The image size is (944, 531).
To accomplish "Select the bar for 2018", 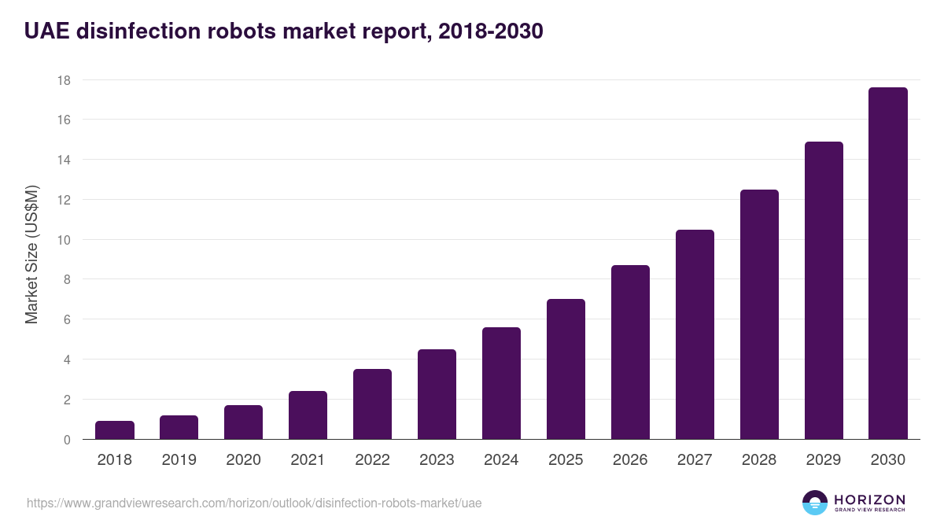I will click(x=115, y=430).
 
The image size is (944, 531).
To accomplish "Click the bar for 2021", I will click(x=308, y=415).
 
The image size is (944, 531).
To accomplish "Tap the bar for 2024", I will click(x=501, y=383).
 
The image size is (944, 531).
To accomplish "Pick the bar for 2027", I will click(x=695, y=334).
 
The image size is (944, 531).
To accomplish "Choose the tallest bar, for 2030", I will click(x=888, y=264).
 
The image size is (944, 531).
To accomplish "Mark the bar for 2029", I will click(x=824, y=290).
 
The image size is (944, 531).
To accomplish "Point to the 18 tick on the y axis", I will click(x=64, y=80).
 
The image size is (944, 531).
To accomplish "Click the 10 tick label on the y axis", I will click(x=64, y=240).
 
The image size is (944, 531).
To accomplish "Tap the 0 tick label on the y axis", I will click(x=67, y=440).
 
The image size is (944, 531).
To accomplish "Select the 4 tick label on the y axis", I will click(x=67, y=360).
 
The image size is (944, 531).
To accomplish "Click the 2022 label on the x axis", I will click(x=372, y=460).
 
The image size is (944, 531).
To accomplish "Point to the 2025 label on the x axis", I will click(x=566, y=460).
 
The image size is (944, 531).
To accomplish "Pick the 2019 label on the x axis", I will click(x=179, y=460).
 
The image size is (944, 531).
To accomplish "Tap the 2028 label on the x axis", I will click(x=759, y=460).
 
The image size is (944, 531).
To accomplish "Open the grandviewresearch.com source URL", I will click(x=254, y=503).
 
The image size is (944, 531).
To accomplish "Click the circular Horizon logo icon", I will click(x=815, y=503).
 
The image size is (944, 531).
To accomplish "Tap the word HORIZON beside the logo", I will click(x=869, y=499).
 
